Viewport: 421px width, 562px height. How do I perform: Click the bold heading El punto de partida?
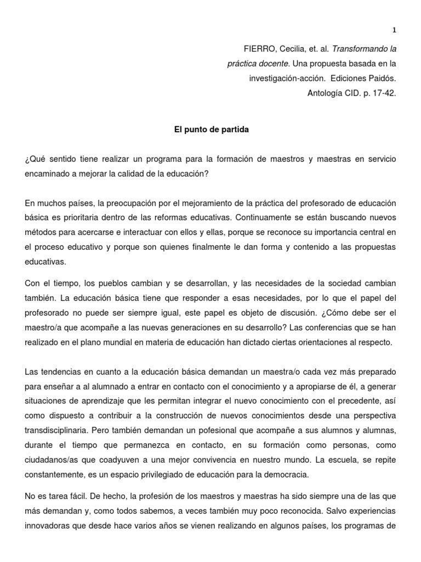point(210,131)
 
